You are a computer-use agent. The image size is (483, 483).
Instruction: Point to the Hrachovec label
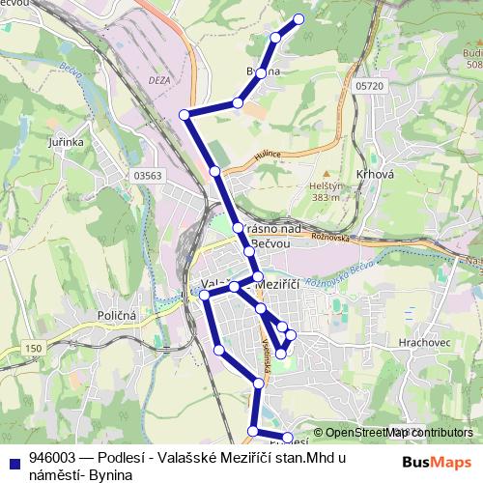417,341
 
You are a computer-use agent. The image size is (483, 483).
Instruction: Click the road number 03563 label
147,175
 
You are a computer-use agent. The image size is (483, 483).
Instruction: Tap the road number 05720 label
369,86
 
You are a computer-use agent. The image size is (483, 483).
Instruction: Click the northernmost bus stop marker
298,19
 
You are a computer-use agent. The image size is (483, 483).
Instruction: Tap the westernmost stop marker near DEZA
185,114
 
